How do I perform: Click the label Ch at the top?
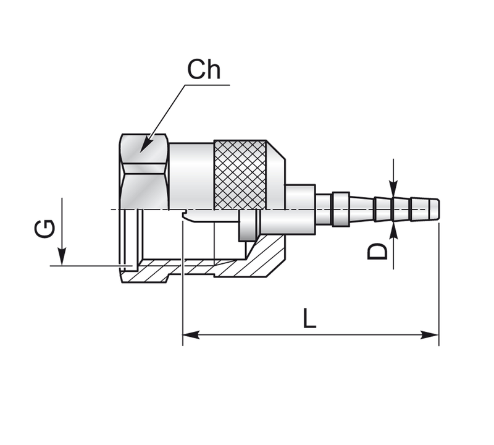[204, 70]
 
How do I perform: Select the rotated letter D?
[378, 251]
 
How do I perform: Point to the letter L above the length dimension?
[309, 318]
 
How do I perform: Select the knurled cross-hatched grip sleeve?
[241, 174]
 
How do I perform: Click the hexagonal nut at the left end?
[144, 172]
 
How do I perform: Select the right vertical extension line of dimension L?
[438, 284]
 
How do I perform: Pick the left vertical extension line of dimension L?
[183, 284]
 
